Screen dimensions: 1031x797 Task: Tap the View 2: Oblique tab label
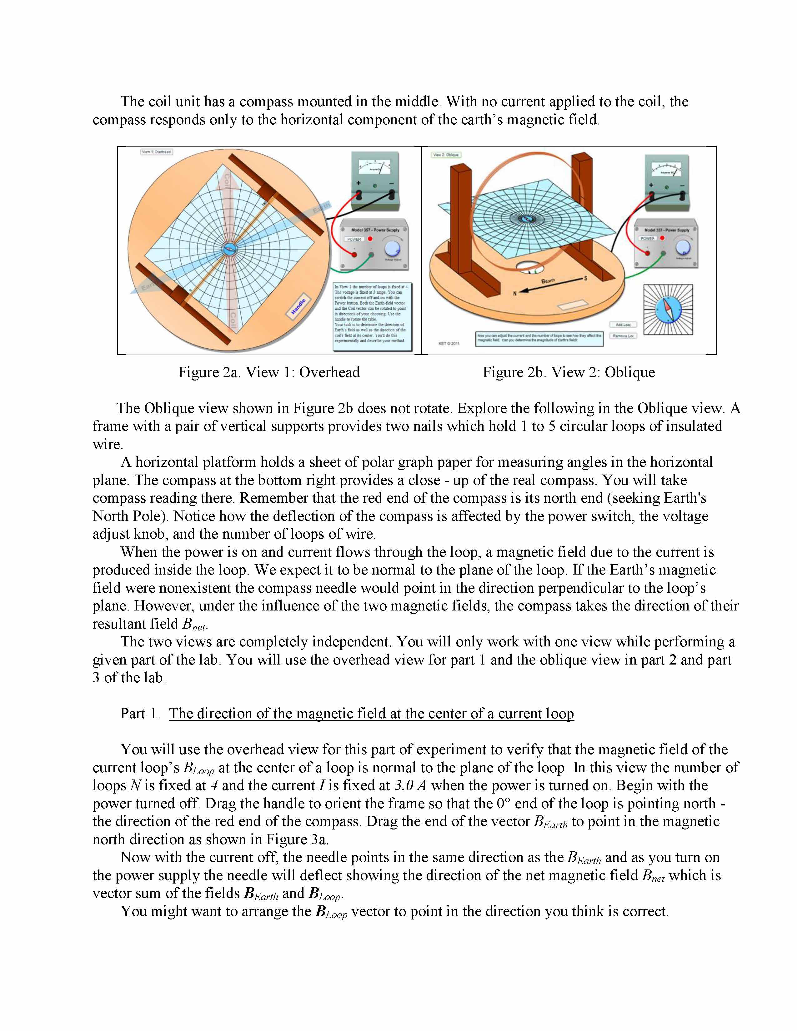click(x=446, y=155)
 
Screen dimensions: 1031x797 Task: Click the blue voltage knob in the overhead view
click(x=392, y=248)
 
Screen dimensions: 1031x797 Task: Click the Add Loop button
click(x=623, y=325)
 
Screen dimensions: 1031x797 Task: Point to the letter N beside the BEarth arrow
click(x=515, y=293)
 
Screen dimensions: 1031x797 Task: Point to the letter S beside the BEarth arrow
click(x=585, y=278)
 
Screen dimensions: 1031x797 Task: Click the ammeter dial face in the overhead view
click(x=375, y=165)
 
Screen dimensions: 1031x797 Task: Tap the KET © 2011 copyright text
click(x=449, y=343)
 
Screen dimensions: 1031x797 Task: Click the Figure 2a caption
click(x=269, y=372)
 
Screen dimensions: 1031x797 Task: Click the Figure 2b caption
click(x=569, y=372)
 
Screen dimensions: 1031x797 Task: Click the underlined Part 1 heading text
click(x=372, y=713)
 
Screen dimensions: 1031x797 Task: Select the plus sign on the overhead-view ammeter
click(x=358, y=183)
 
